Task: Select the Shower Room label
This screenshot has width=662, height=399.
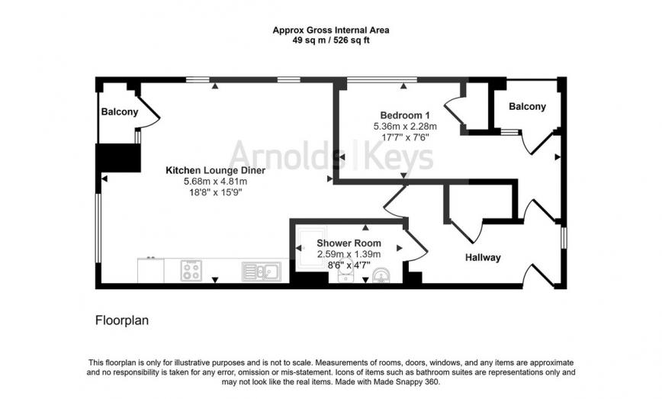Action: pyautogui.click(x=349, y=243)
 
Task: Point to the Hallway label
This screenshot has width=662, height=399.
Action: pyautogui.click(x=483, y=257)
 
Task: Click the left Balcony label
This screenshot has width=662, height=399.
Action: pyautogui.click(x=119, y=112)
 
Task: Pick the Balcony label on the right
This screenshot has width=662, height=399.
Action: pyautogui.click(x=527, y=107)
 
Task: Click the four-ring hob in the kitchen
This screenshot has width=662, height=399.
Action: pyautogui.click(x=191, y=270)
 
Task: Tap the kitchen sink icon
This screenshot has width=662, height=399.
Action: pyautogui.click(x=262, y=270)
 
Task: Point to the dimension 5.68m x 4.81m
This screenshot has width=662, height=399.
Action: pyautogui.click(x=215, y=182)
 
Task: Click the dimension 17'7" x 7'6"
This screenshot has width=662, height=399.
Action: pyautogui.click(x=401, y=137)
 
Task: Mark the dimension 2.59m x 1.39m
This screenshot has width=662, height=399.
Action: pyautogui.click(x=349, y=254)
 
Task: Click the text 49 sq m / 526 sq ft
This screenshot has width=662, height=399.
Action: pyautogui.click(x=330, y=41)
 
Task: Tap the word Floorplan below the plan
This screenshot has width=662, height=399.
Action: pyautogui.click(x=121, y=320)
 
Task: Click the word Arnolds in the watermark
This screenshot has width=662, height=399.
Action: pyautogui.click(x=281, y=157)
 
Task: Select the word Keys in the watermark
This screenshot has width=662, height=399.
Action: pyautogui.click(x=401, y=157)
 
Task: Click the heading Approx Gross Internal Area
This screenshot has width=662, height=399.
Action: pyautogui.click(x=330, y=31)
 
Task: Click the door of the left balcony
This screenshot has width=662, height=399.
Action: pyautogui.click(x=151, y=116)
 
